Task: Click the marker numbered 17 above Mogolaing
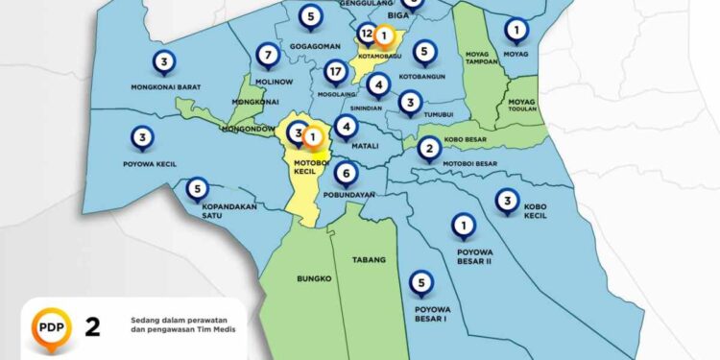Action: coord(335,72)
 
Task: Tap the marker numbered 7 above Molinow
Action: coord(269,53)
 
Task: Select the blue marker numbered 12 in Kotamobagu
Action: coord(366,35)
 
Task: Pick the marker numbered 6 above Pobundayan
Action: coord(346,174)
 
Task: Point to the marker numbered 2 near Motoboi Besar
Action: coord(429,147)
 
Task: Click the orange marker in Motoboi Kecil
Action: coord(312,137)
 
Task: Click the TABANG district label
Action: coord(368,260)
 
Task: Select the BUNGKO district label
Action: coord(315,279)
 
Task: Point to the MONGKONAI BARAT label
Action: coord(165,87)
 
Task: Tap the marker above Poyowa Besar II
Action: coord(465,227)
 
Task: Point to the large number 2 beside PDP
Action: coord(93,326)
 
